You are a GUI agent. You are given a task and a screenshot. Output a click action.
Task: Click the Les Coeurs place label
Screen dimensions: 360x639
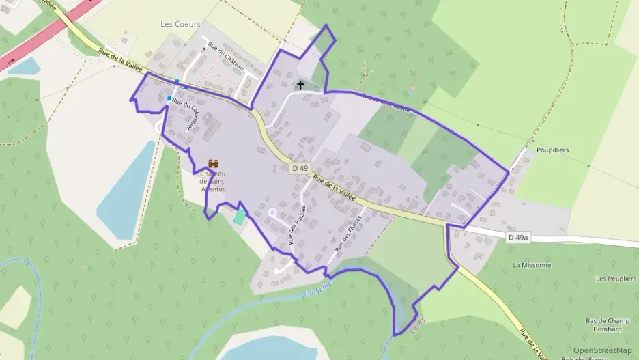coord(180,23)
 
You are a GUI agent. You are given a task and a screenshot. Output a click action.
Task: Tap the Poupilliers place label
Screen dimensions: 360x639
coord(553,150)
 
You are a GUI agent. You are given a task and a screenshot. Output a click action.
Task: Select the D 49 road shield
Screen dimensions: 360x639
coord(298,167)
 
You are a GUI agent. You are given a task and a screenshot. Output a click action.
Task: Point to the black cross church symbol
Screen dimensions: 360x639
coord(300,85)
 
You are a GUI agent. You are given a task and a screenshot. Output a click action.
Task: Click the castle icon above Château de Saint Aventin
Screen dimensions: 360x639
coord(213,164)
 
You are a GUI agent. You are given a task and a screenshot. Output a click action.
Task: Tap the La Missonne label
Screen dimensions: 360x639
coord(531,264)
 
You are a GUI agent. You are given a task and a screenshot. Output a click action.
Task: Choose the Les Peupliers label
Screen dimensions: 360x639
coord(612,279)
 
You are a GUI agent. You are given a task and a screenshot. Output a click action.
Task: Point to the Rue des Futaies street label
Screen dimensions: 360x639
coord(297,223)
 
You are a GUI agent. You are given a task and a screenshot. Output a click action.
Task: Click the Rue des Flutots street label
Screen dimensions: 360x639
coord(347,230)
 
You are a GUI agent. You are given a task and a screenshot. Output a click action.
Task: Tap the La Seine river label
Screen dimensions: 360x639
coord(319,288)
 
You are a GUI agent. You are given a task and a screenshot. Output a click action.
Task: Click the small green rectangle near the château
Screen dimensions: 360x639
coord(238,217)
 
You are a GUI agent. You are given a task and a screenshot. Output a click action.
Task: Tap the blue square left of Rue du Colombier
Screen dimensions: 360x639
coord(169,98)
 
